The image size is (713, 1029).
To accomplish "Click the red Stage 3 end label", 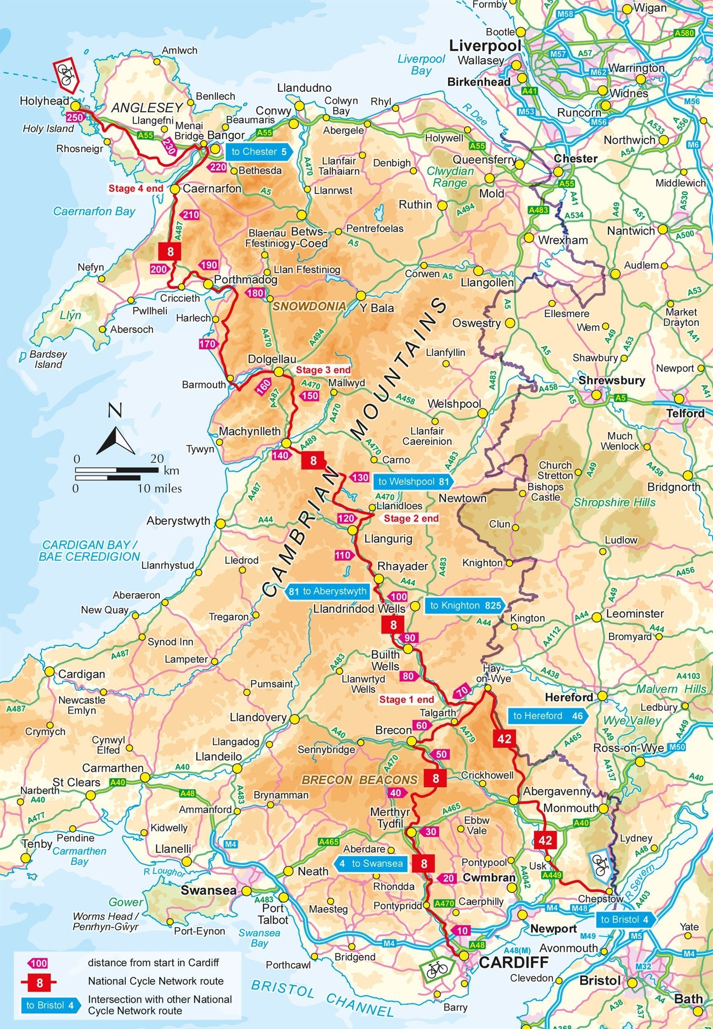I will [323, 370].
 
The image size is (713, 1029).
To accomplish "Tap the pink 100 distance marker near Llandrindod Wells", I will [398, 597].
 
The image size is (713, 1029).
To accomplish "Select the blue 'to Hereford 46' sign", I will [548, 716].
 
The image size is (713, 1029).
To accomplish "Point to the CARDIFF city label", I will [513, 962].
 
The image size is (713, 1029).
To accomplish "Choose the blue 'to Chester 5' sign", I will [259, 152].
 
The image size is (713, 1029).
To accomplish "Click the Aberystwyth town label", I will [178, 521].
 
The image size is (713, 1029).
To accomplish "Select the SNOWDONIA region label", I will [309, 306].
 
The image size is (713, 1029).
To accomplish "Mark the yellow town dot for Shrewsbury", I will [596, 395].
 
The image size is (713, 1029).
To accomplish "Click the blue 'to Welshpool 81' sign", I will [413, 482].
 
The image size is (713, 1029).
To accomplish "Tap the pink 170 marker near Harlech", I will [208, 344].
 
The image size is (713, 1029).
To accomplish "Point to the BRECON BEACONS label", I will [359, 780].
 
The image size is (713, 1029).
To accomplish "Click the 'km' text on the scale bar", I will [171, 471].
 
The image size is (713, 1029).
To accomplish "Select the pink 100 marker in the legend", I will [38, 963].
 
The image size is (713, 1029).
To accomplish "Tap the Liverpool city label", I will [485, 46].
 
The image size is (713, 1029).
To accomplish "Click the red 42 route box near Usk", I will [545, 840].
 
